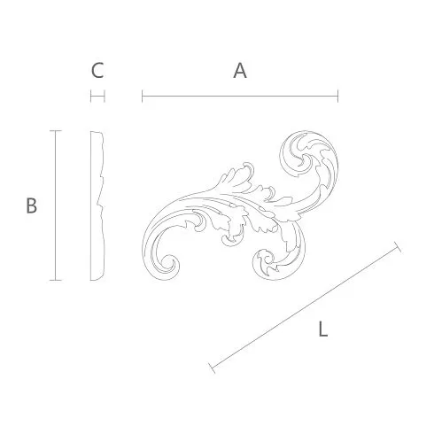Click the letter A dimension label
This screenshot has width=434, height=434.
click(240, 71)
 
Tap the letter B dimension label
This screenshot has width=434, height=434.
click(32, 205)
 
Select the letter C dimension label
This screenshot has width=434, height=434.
click(97, 71)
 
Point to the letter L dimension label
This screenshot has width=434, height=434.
click(323, 329)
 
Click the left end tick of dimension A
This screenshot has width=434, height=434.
click(143, 97)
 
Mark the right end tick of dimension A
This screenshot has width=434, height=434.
click(337, 97)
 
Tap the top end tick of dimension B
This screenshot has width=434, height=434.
click(56, 130)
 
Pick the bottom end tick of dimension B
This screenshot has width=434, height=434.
click(56, 280)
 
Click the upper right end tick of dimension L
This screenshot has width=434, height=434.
click(398, 247)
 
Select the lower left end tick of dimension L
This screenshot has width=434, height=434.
click(212, 368)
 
